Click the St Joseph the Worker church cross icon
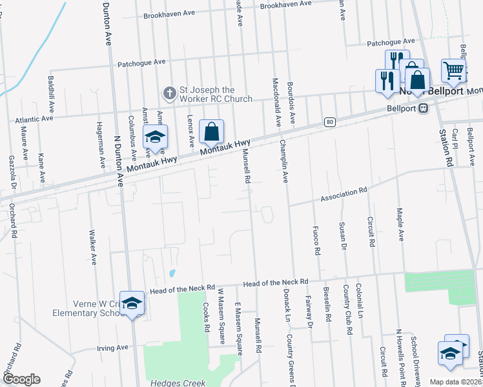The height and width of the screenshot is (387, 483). [x=169, y=94]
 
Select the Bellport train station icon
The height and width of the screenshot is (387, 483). [x=424, y=108]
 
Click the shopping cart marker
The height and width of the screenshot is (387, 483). [x=453, y=70]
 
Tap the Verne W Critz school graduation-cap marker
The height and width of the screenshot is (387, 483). [x=132, y=304]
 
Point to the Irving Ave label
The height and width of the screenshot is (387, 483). [x=112, y=348]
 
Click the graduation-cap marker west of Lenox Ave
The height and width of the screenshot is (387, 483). [x=155, y=137]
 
